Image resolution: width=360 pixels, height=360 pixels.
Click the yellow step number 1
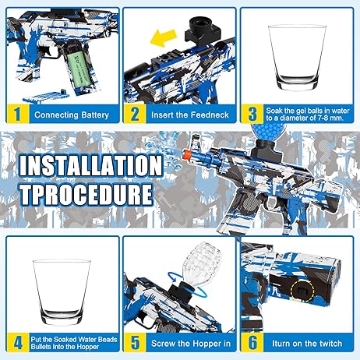tap(17, 114)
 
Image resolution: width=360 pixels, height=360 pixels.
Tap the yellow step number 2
tap(135, 114)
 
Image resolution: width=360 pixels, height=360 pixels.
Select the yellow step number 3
tap(252, 114)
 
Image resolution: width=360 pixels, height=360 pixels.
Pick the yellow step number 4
tap(18, 342)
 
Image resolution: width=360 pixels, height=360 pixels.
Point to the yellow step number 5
tap(135, 342)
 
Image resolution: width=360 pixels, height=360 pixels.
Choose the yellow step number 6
tap(252, 342)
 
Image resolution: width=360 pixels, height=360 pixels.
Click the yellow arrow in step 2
tap(164, 38)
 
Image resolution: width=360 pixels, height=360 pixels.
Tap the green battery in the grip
tap(79, 69)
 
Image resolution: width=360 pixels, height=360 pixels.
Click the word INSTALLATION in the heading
tap(91, 166)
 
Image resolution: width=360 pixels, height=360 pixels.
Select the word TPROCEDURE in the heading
tap(86, 194)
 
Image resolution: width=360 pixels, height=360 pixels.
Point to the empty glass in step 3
tap(297, 57)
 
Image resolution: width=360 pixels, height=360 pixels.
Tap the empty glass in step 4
tap(62, 292)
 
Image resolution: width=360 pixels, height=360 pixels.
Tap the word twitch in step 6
tap(330, 344)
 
